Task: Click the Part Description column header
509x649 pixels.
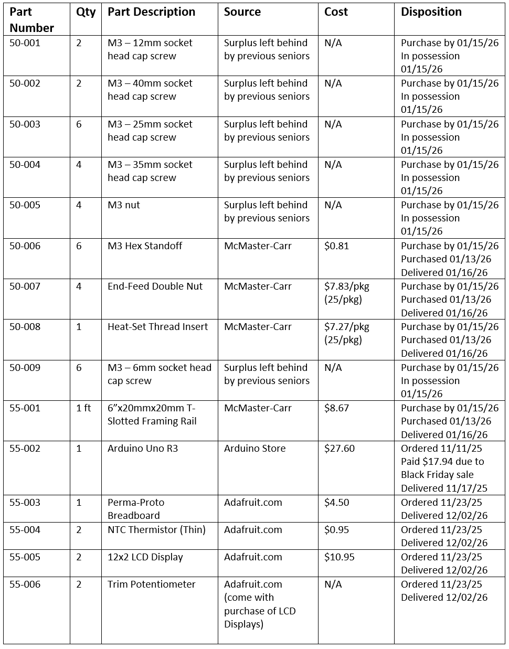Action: click(151, 12)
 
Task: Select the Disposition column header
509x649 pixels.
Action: click(431, 12)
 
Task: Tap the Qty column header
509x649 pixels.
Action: click(86, 12)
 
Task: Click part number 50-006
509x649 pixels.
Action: click(25, 246)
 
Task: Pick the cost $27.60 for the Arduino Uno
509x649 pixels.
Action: click(339, 449)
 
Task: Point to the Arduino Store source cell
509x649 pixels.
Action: click(254, 449)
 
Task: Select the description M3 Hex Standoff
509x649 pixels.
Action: click(145, 246)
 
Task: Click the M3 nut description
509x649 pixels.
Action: click(124, 205)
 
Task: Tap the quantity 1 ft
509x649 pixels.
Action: click(83, 408)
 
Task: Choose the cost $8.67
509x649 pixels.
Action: click(336, 408)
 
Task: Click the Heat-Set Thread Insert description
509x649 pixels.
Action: click(157, 327)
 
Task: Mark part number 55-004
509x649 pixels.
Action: click(25, 530)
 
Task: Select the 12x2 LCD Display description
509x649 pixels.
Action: click(145, 557)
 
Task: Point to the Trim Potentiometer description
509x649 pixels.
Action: click(151, 584)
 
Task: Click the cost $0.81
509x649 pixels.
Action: click(336, 246)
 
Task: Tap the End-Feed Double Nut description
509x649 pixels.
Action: click(155, 286)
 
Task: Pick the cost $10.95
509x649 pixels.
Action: click(339, 557)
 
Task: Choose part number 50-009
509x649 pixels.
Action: click(25, 368)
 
